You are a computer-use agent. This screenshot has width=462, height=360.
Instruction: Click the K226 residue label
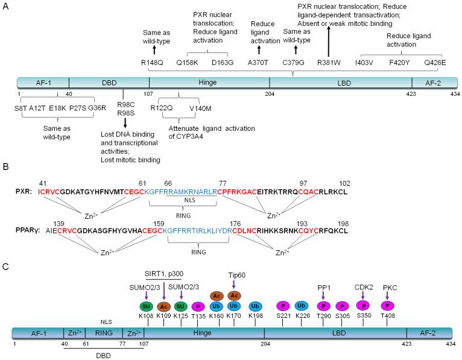click(x=302, y=316)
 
